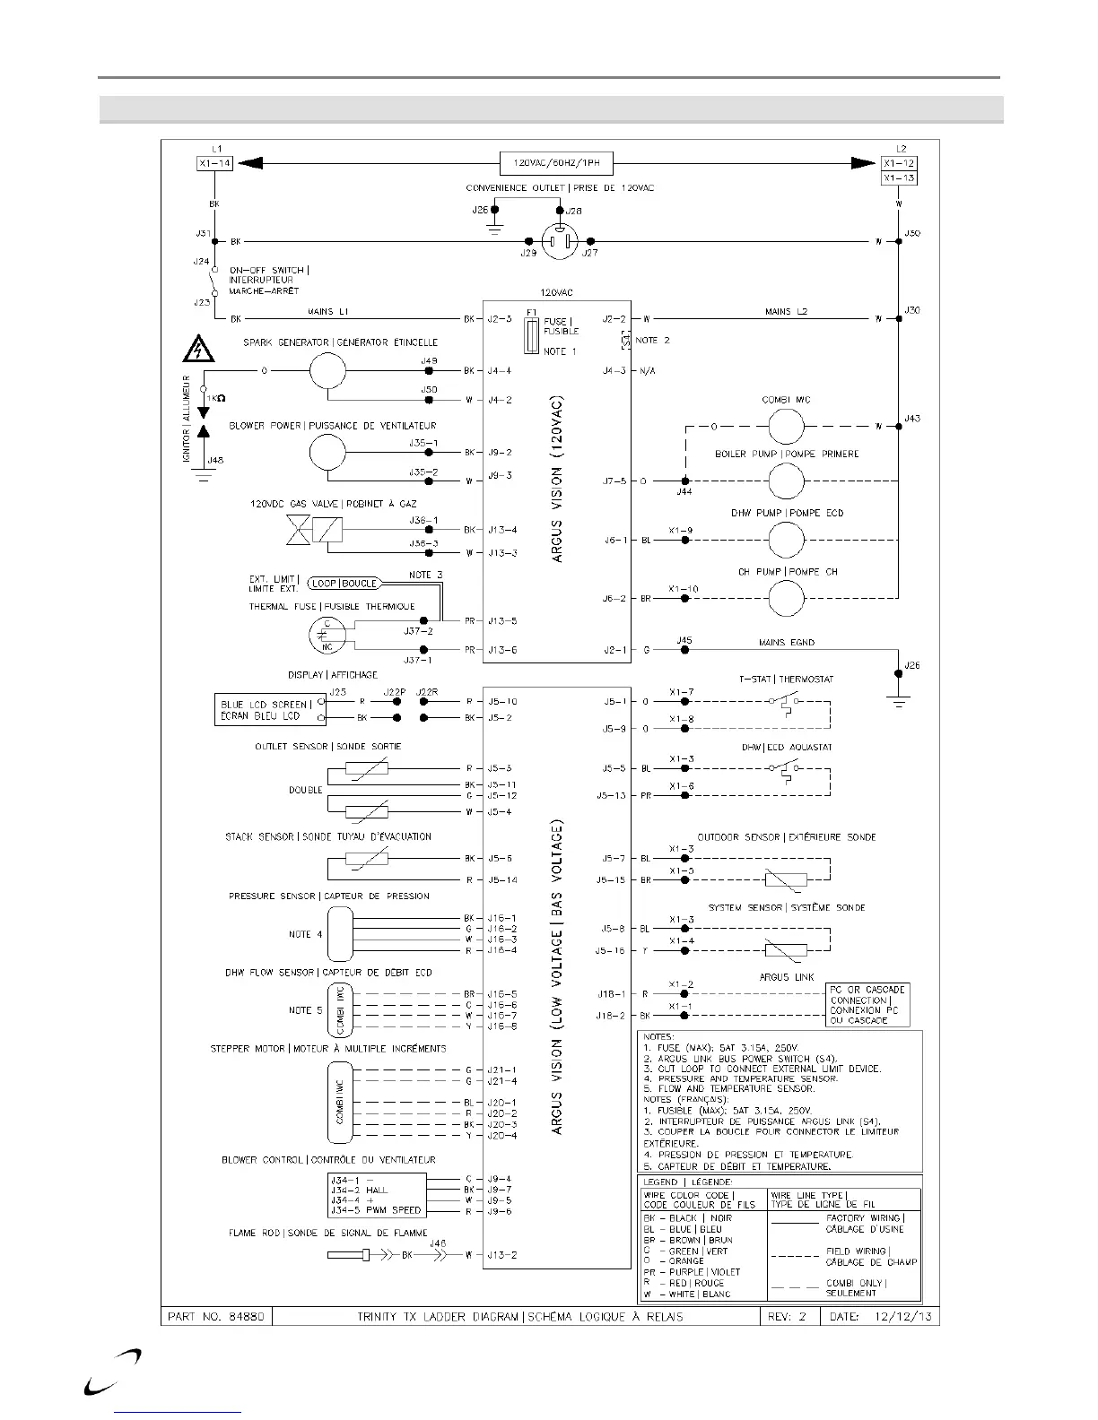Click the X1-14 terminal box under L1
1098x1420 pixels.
[x=213, y=163]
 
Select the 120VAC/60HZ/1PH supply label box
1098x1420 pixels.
[x=556, y=163]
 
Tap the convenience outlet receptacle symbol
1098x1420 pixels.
[x=560, y=241]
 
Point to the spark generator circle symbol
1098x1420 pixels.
[x=327, y=370]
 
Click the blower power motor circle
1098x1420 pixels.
[x=327, y=453]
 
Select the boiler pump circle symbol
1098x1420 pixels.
[x=787, y=481]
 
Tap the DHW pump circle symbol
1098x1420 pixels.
[x=787, y=540]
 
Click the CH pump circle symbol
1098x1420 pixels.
[x=787, y=598]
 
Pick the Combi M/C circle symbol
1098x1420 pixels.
[x=787, y=426]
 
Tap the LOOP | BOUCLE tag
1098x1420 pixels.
[x=344, y=583]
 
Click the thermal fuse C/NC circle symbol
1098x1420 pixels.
[x=326, y=635]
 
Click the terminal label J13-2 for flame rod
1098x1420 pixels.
[x=502, y=1255]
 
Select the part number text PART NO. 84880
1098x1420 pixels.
[x=215, y=1317]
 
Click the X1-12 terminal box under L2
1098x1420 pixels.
[x=899, y=163]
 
